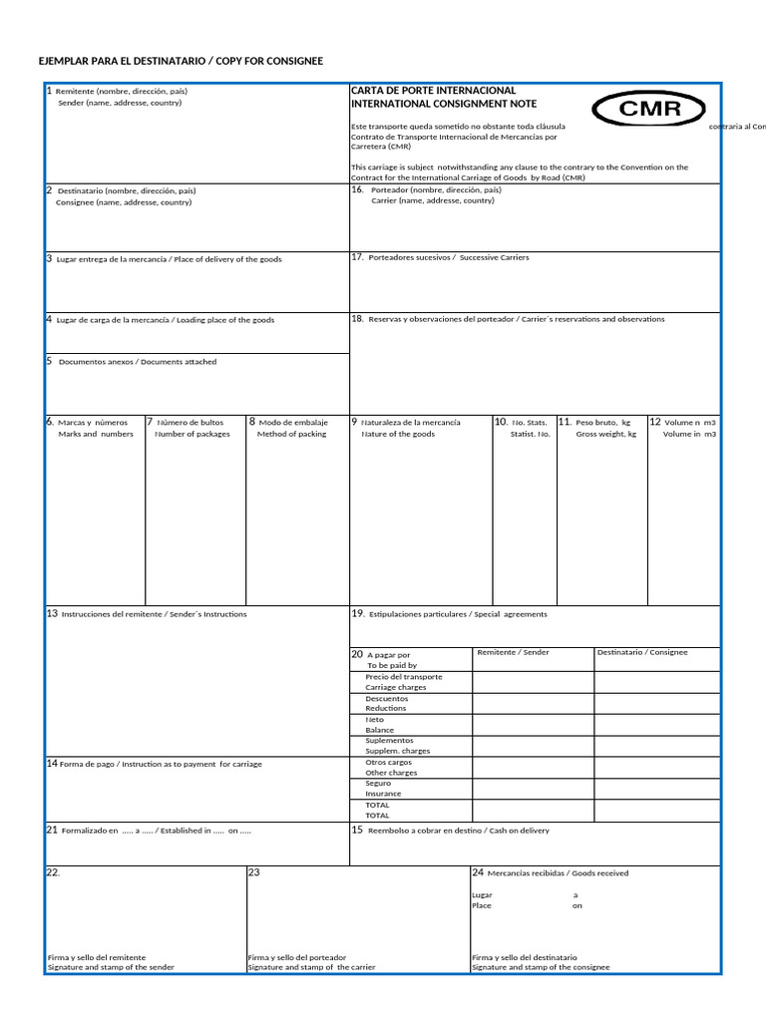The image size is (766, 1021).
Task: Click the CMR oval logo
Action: coord(649,110)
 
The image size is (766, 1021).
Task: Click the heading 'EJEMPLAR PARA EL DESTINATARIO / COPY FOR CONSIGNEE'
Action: coord(181,62)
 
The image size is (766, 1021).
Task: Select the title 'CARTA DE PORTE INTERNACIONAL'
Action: coord(433,91)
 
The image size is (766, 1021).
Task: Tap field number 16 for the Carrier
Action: coord(432,194)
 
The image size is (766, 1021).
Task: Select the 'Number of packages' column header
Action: coord(192,434)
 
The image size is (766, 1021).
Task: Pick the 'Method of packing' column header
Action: coord(291,434)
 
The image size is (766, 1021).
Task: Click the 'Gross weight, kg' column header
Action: coord(605,434)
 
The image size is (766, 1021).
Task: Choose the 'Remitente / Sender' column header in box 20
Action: coord(513,652)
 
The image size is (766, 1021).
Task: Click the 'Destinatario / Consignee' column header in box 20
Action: coord(642,652)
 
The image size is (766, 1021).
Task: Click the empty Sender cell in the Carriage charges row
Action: coord(532,682)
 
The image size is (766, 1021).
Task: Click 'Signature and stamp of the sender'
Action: coord(111,967)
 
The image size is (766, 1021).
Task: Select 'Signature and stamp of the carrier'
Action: coord(312,967)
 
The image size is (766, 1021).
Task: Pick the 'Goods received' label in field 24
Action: coord(599,873)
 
